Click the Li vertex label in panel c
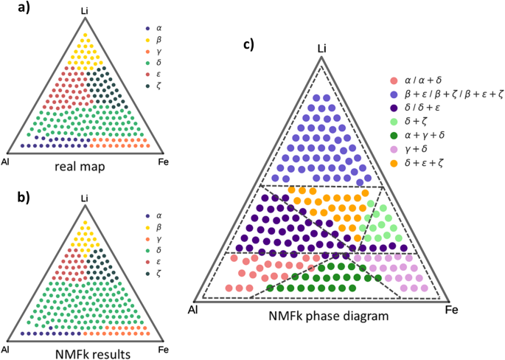pyautogui.click(x=321, y=49)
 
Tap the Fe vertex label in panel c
pyautogui.click(x=453, y=311)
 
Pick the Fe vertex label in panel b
pyautogui.click(x=164, y=348)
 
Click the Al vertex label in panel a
pyautogui.click(x=6, y=160)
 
